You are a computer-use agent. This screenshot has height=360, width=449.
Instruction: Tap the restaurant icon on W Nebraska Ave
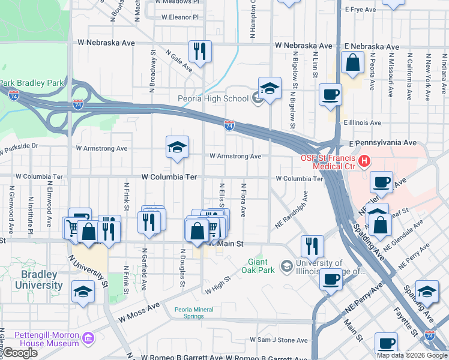coord(200,51)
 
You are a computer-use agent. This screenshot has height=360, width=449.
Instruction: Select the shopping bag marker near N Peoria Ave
coord(353,63)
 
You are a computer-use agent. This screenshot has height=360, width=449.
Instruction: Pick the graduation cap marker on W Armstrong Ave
coord(177,148)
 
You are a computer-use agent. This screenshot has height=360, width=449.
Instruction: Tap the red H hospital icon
coord(364,161)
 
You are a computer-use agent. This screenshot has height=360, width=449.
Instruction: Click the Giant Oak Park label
coord(261,266)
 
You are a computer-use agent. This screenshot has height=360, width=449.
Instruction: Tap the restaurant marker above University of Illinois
coord(312,245)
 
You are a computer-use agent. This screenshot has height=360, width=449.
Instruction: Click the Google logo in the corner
coord(20,353)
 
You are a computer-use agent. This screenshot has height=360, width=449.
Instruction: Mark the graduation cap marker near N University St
coord(83,292)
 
